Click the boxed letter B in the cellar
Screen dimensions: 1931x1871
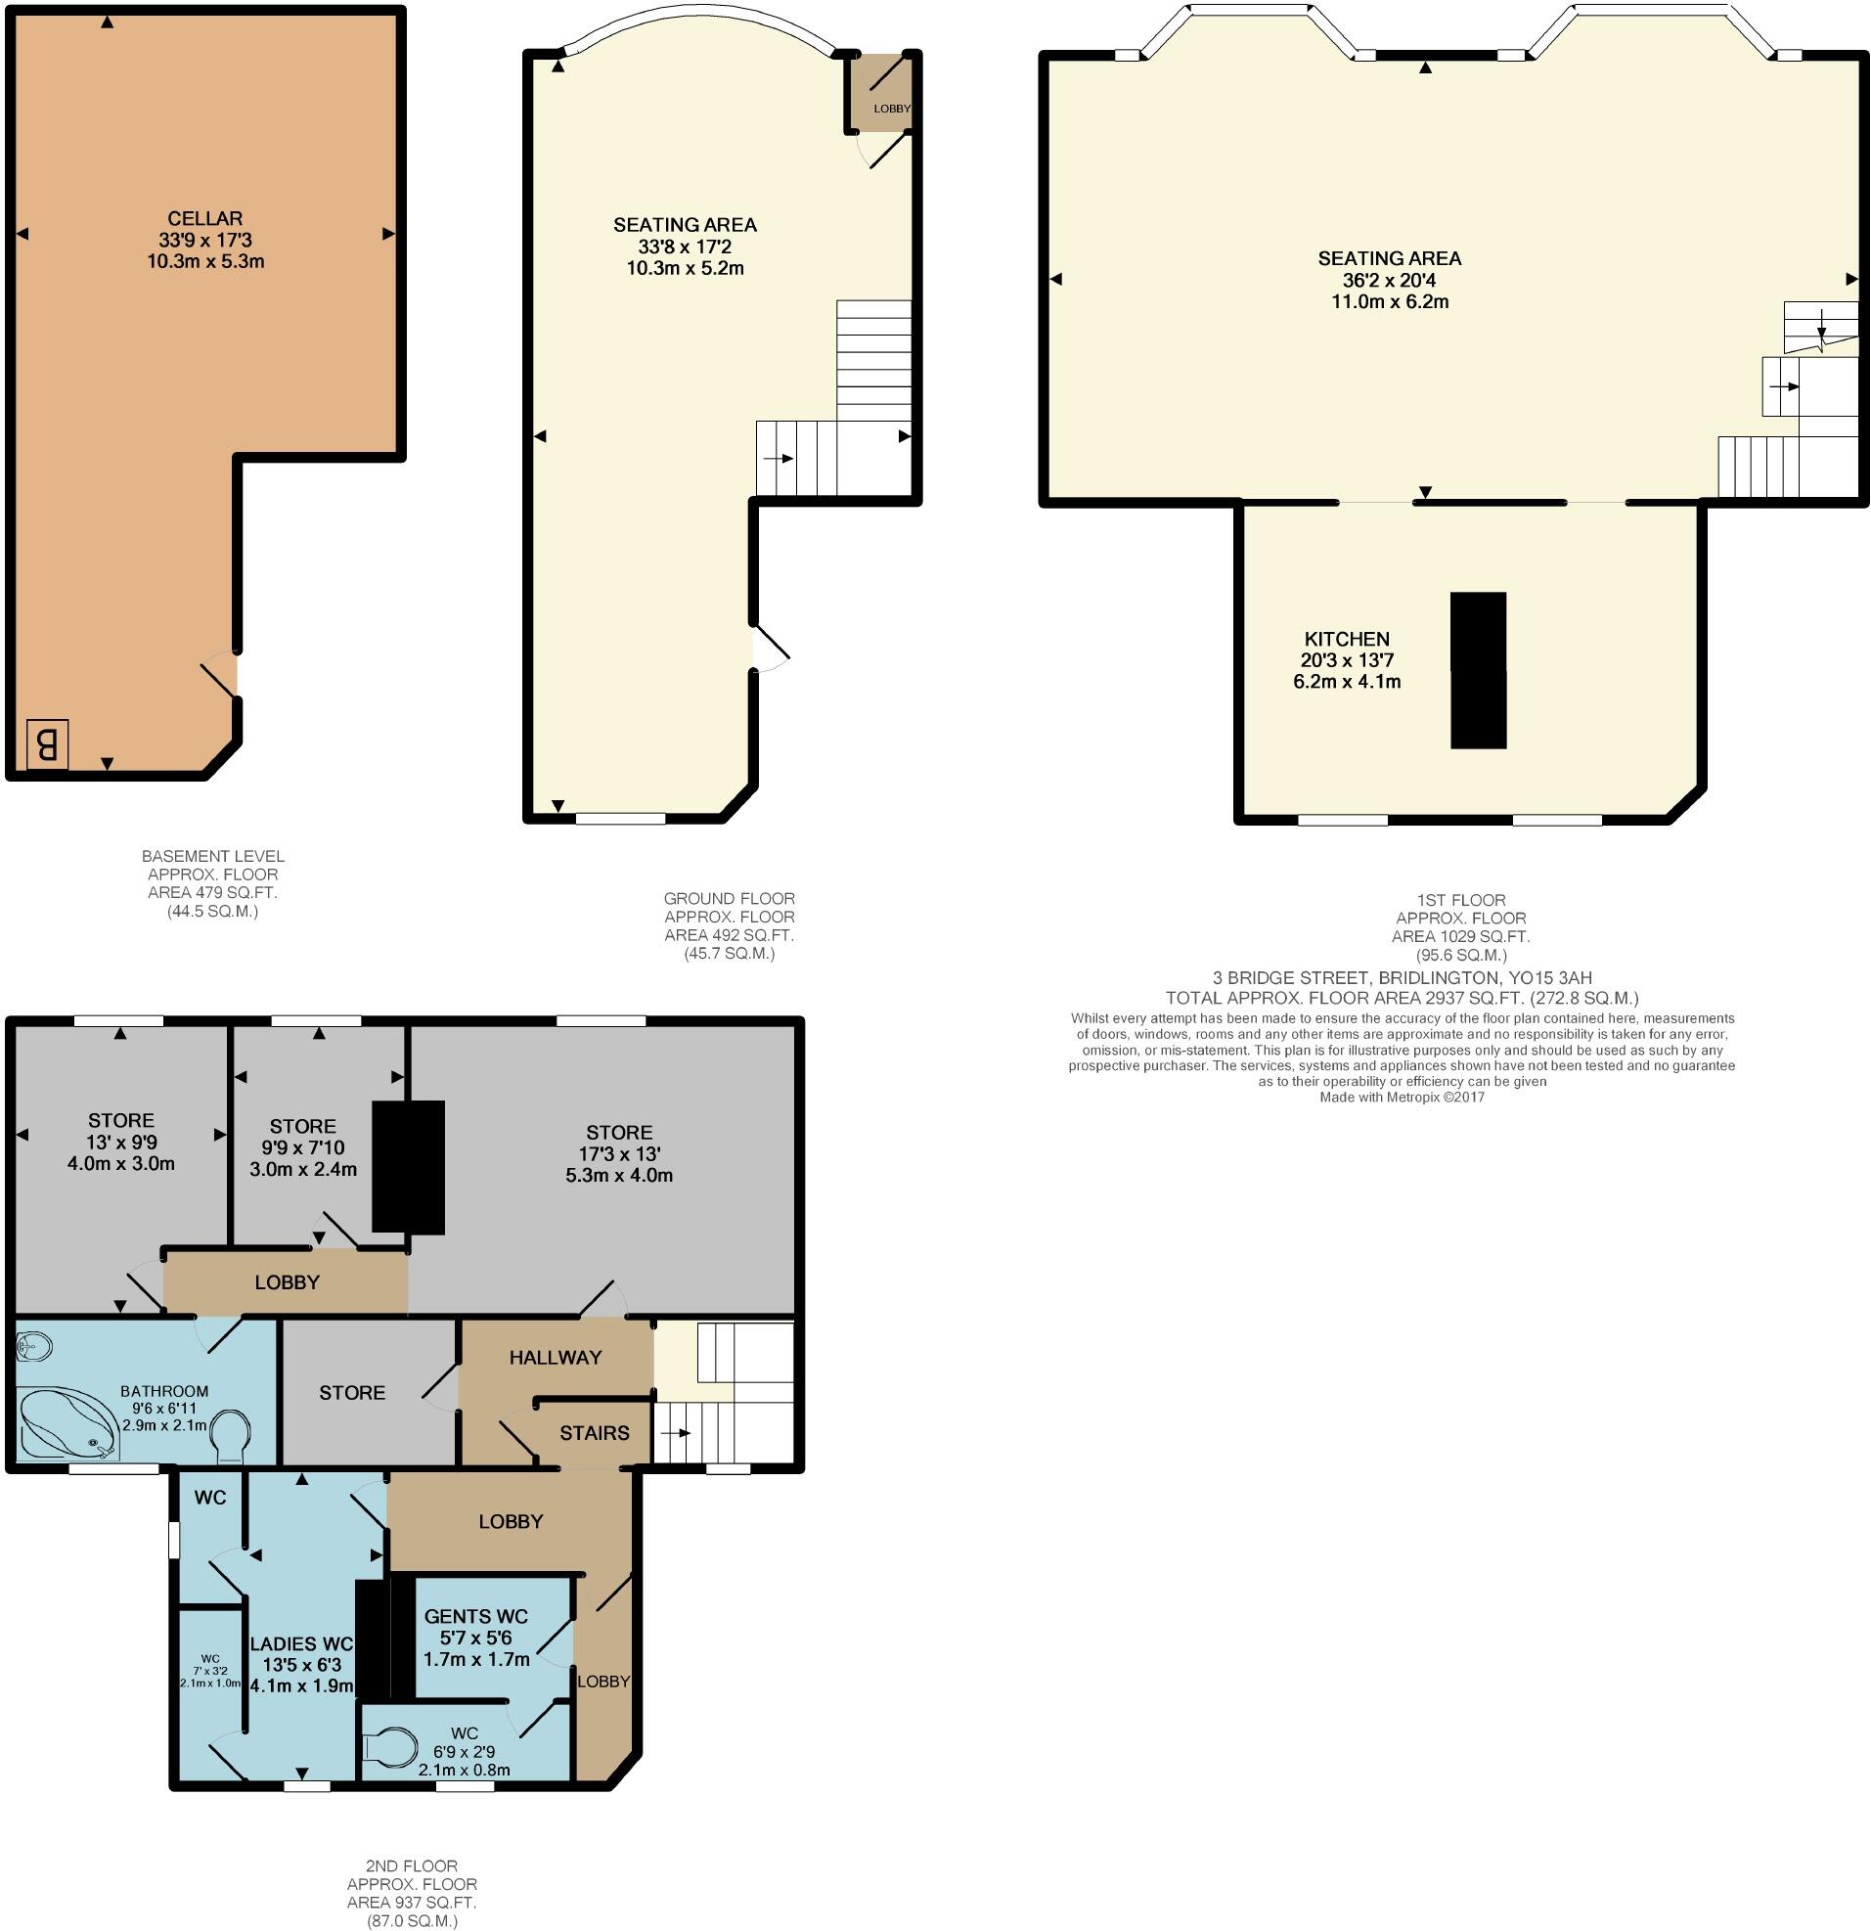pos(46,743)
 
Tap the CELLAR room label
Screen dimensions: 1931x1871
pos(205,219)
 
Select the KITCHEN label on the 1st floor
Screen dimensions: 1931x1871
pos(1346,639)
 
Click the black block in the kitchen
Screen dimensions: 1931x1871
pos(1478,670)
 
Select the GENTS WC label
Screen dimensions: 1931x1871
pos(476,1617)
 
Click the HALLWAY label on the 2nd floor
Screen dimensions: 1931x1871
pos(555,1358)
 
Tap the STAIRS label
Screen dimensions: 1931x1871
pos(594,1433)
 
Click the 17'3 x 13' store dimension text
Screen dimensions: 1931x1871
pos(619,1153)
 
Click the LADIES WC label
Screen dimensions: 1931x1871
pos(300,1644)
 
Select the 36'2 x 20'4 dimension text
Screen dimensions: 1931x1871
pos(1389,280)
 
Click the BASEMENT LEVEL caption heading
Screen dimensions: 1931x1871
pos(213,856)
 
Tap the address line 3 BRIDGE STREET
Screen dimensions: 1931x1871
pos(1401,978)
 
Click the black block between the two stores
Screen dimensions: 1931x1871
pos(408,1166)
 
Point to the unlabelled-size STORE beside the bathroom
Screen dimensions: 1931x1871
pos(352,1392)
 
